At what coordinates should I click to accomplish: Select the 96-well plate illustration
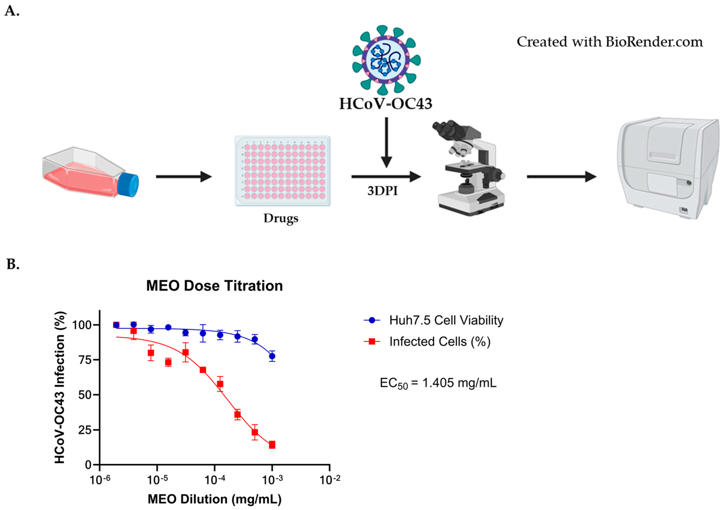tap(283, 171)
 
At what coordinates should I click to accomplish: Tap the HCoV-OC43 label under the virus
tap(385, 104)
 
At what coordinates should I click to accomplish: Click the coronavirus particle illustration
tap(386, 60)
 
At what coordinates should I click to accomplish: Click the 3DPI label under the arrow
tap(382, 191)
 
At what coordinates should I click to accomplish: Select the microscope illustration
tap(470, 167)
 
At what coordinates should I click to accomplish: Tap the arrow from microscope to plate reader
tap(561, 177)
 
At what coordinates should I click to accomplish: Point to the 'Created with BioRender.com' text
tap(609, 42)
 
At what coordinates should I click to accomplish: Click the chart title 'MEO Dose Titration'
tap(214, 286)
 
